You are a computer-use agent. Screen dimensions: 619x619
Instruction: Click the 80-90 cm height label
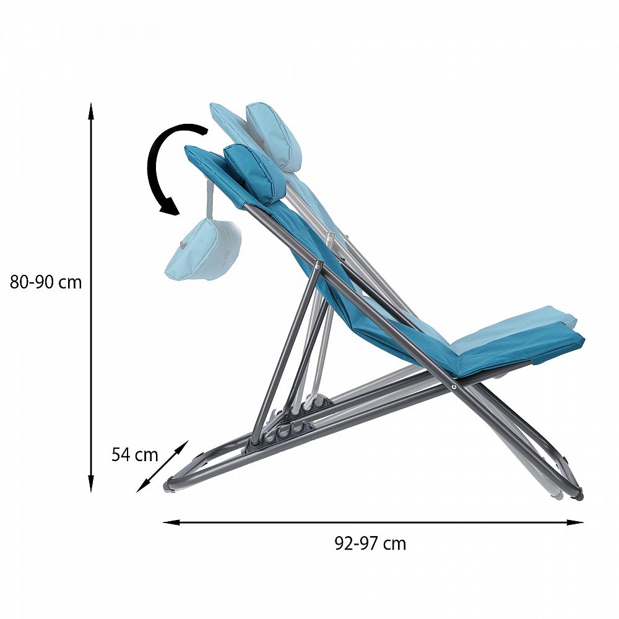click(46, 282)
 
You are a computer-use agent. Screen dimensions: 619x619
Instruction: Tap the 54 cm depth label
click(134, 454)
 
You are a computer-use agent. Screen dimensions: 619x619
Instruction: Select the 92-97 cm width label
click(370, 543)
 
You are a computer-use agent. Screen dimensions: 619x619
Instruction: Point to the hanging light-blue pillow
click(202, 249)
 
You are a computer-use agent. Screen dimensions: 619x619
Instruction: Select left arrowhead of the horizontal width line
click(171, 522)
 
